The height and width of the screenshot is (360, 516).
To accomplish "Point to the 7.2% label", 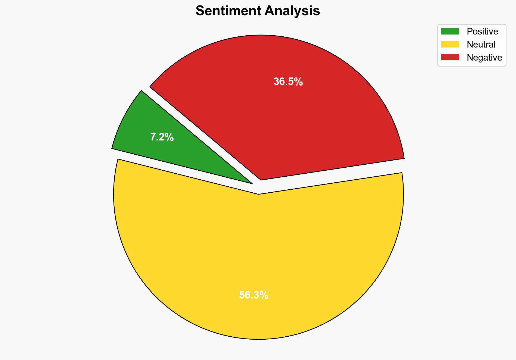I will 162,137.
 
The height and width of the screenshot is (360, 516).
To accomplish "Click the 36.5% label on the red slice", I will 288,82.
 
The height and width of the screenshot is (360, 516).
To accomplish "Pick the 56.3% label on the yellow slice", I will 254,295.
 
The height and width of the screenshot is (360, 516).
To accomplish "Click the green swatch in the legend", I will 450,32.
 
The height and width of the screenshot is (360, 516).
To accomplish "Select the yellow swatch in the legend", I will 450,44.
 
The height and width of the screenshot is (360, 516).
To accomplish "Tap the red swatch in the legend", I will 450,57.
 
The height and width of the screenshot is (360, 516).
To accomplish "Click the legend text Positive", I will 482,32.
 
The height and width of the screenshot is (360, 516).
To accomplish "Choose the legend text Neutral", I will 481,45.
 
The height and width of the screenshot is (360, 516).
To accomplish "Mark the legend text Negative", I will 484,58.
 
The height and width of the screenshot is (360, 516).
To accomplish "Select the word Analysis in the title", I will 292,11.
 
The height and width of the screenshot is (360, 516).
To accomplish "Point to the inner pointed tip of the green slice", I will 251,183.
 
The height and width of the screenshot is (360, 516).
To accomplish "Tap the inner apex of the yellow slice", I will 259,193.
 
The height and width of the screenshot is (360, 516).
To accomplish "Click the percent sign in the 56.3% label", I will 264,295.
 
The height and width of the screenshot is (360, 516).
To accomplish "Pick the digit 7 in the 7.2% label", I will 153,137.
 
